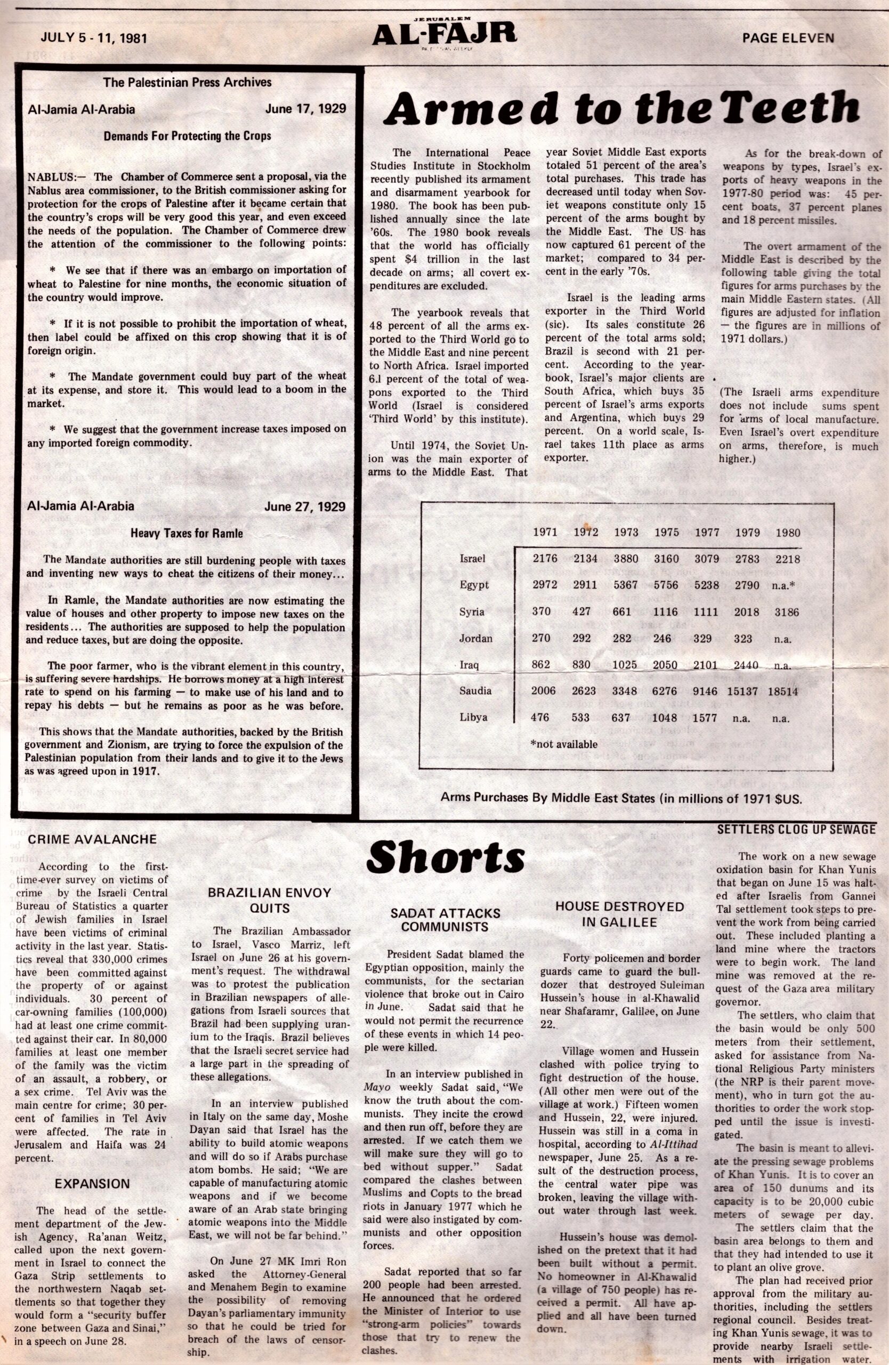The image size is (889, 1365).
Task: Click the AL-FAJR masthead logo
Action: point(443,36)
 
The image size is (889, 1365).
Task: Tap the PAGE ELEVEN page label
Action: point(788,38)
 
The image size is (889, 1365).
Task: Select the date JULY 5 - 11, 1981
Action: point(94,38)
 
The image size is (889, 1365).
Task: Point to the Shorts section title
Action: point(445,857)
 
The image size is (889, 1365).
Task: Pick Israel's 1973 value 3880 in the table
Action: point(626,559)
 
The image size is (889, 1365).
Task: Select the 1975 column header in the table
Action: point(666,532)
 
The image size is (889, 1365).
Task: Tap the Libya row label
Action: point(473,718)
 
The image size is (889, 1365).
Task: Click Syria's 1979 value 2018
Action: point(747,612)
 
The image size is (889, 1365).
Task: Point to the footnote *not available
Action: point(564,744)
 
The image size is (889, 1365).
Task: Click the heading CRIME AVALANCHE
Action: point(92,839)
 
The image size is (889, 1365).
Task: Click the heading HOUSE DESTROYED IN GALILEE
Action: point(620,914)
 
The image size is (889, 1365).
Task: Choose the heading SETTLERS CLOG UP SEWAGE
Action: point(796,829)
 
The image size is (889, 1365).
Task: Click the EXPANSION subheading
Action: point(92,1168)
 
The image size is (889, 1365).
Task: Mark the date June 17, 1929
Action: point(305,108)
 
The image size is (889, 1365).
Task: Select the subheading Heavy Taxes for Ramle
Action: point(187,533)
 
